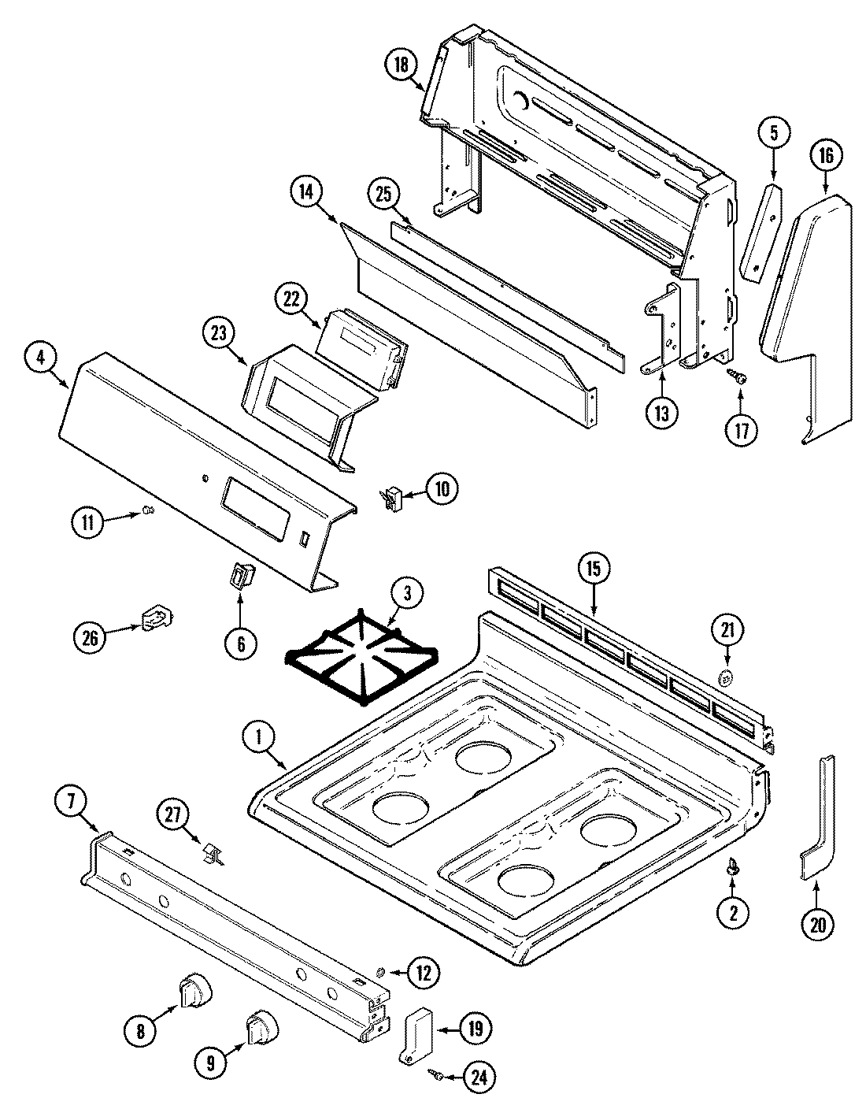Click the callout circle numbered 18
(x=402, y=66)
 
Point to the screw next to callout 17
(x=739, y=379)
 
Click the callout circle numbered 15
(x=594, y=569)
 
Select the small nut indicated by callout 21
(x=727, y=677)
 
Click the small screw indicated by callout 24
(x=434, y=1073)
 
